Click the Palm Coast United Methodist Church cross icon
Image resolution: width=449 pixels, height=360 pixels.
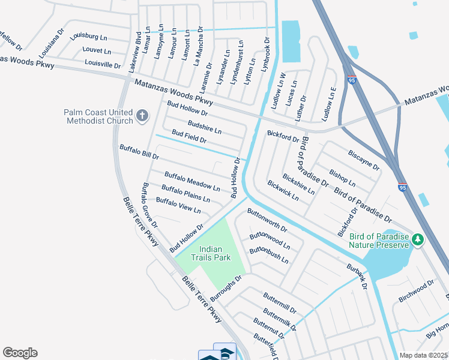tap(142, 116)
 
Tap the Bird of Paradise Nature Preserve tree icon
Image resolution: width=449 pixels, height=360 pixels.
tap(418, 240)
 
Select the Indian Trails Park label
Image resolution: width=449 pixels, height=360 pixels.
tap(211, 253)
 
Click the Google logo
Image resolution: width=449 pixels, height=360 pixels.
tap(20, 353)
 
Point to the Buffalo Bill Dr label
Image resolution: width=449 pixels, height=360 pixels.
tap(139, 151)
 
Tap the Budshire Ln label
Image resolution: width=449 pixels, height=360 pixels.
tap(204, 127)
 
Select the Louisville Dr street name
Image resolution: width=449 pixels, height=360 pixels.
tap(103, 63)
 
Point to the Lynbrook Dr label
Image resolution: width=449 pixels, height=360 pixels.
tap(266, 55)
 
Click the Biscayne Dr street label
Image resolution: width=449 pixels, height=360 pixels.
tap(364, 160)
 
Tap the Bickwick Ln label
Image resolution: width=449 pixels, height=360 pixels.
tap(283, 190)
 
